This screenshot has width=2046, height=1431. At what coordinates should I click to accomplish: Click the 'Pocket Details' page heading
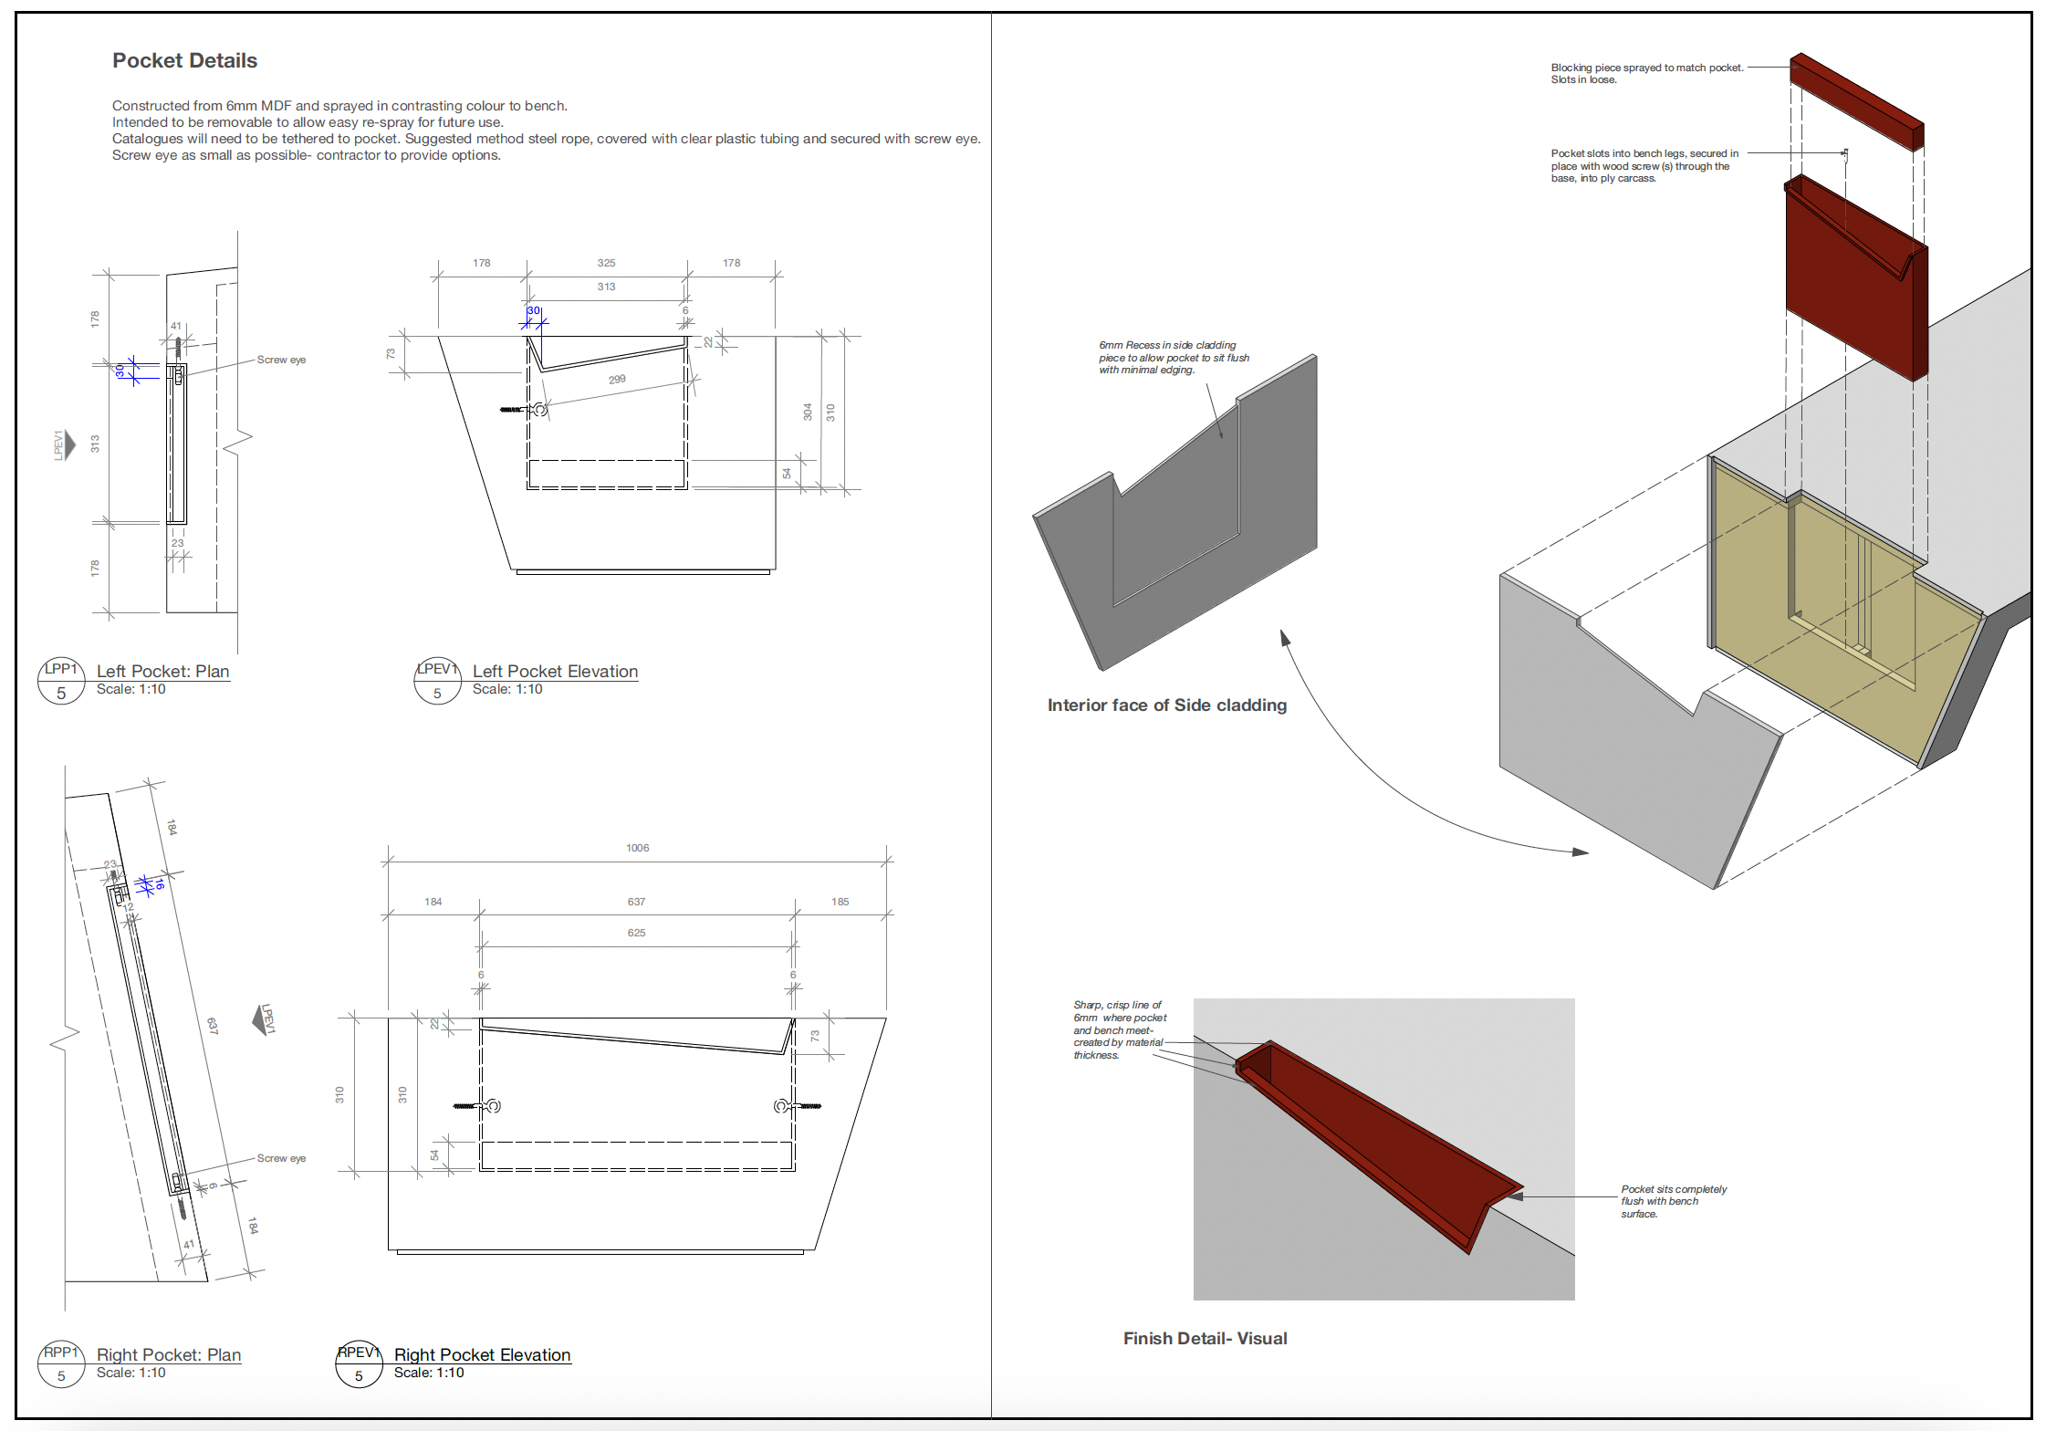click(184, 60)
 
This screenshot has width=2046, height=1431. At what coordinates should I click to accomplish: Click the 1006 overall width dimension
click(637, 848)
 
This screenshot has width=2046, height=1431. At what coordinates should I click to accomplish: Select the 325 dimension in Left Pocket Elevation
click(606, 263)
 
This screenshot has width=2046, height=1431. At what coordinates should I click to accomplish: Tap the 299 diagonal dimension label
click(617, 379)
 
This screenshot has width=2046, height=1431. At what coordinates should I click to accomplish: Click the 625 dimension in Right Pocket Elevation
click(636, 933)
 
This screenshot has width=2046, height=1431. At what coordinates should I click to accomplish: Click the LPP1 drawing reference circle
click(61, 681)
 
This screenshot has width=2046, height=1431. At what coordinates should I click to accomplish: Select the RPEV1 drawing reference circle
click(359, 1363)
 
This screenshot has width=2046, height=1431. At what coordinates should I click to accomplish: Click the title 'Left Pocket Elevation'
click(555, 671)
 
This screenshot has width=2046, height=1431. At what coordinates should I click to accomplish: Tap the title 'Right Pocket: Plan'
click(169, 1354)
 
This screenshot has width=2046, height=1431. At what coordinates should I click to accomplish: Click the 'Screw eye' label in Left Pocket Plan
click(281, 360)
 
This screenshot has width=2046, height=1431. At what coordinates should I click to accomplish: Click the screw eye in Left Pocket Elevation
click(538, 410)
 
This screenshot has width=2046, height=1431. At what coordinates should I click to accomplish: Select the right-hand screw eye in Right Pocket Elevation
click(783, 1106)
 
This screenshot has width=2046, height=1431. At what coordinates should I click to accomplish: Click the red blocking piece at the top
click(1857, 100)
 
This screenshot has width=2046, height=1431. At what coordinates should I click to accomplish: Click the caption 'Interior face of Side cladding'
click(1166, 705)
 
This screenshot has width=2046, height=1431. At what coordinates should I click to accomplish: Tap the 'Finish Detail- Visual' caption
click(1205, 1338)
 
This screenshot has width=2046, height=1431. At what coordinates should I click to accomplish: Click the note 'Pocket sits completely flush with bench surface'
click(1673, 1201)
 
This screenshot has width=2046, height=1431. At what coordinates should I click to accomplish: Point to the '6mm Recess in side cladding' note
click(1173, 357)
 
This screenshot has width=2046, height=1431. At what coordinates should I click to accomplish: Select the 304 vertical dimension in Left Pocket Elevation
click(807, 412)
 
